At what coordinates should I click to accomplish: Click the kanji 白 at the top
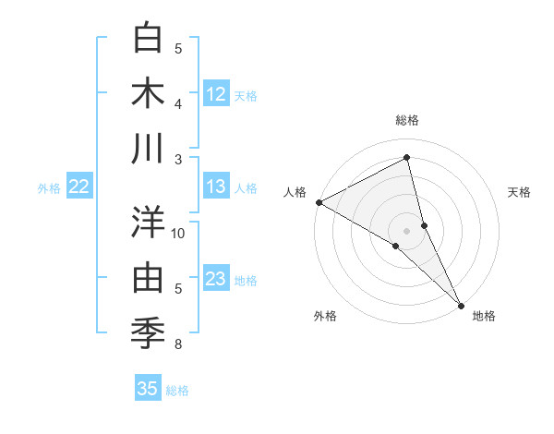[149, 39]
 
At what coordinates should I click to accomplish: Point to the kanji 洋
[149, 222]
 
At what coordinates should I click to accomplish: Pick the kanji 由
[149, 276]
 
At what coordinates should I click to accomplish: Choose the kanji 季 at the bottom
[149, 332]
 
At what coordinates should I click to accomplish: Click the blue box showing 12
[216, 94]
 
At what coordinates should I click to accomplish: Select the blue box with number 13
[216, 187]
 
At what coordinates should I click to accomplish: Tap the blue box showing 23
[216, 279]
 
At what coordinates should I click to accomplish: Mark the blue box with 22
[79, 187]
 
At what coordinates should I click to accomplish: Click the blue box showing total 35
[148, 389]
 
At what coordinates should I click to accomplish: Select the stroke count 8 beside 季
[178, 344]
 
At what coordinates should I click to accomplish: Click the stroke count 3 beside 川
[178, 160]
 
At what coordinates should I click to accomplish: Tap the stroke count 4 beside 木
[178, 103]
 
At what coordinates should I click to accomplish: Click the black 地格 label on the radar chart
[483, 317]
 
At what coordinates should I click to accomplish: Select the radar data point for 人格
[319, 202]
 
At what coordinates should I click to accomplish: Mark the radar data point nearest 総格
[407, 158]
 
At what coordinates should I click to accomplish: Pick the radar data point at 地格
[461, 304]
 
